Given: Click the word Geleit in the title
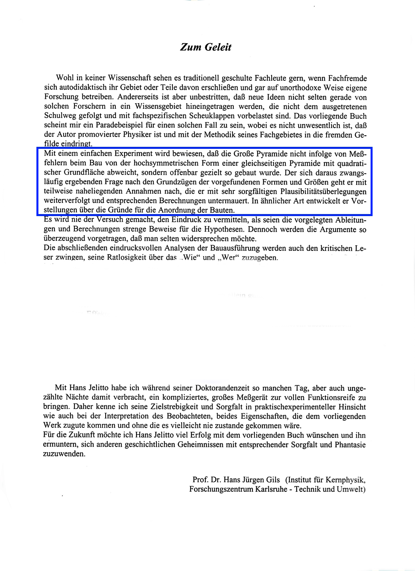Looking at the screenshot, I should click(x=218, y=47).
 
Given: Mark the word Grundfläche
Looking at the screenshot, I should click(x=84, y=172).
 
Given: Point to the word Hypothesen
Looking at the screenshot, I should click(x=224, y=229).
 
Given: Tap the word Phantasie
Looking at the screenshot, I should click(x=350, y=445).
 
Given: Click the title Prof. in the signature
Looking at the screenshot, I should click(x=200, y=480).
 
